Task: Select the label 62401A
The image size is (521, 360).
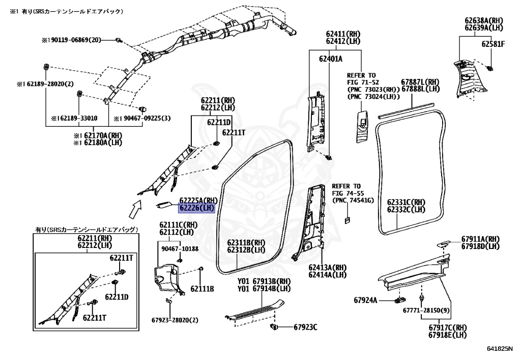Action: pos(331,59)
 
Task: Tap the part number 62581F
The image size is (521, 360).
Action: pos(493,44)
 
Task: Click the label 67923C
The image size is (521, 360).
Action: pos(305,326)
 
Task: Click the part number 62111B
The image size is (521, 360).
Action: pos(202,289)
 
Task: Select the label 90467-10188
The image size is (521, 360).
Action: pos(180,248)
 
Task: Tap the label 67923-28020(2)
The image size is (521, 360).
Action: pos(175,320)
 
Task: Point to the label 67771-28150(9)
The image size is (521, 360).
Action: pos(426,310)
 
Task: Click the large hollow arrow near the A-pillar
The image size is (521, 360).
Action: pos(135,208)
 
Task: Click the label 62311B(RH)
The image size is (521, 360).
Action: pos(246,242)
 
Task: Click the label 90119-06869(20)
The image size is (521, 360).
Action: pos(75,40)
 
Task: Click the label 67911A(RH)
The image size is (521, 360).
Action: pos(480,239)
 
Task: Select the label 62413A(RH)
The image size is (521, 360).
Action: pos(327,267)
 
